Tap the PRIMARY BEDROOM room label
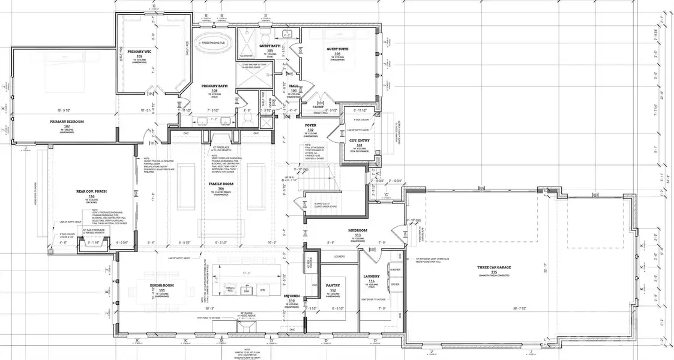pos(67,121)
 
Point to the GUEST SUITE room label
pos(337,50)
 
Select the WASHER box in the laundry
pos(396,270)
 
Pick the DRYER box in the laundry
pos(396,284)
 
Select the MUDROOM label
pos(358,229)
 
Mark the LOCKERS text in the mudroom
pos(338,256)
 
